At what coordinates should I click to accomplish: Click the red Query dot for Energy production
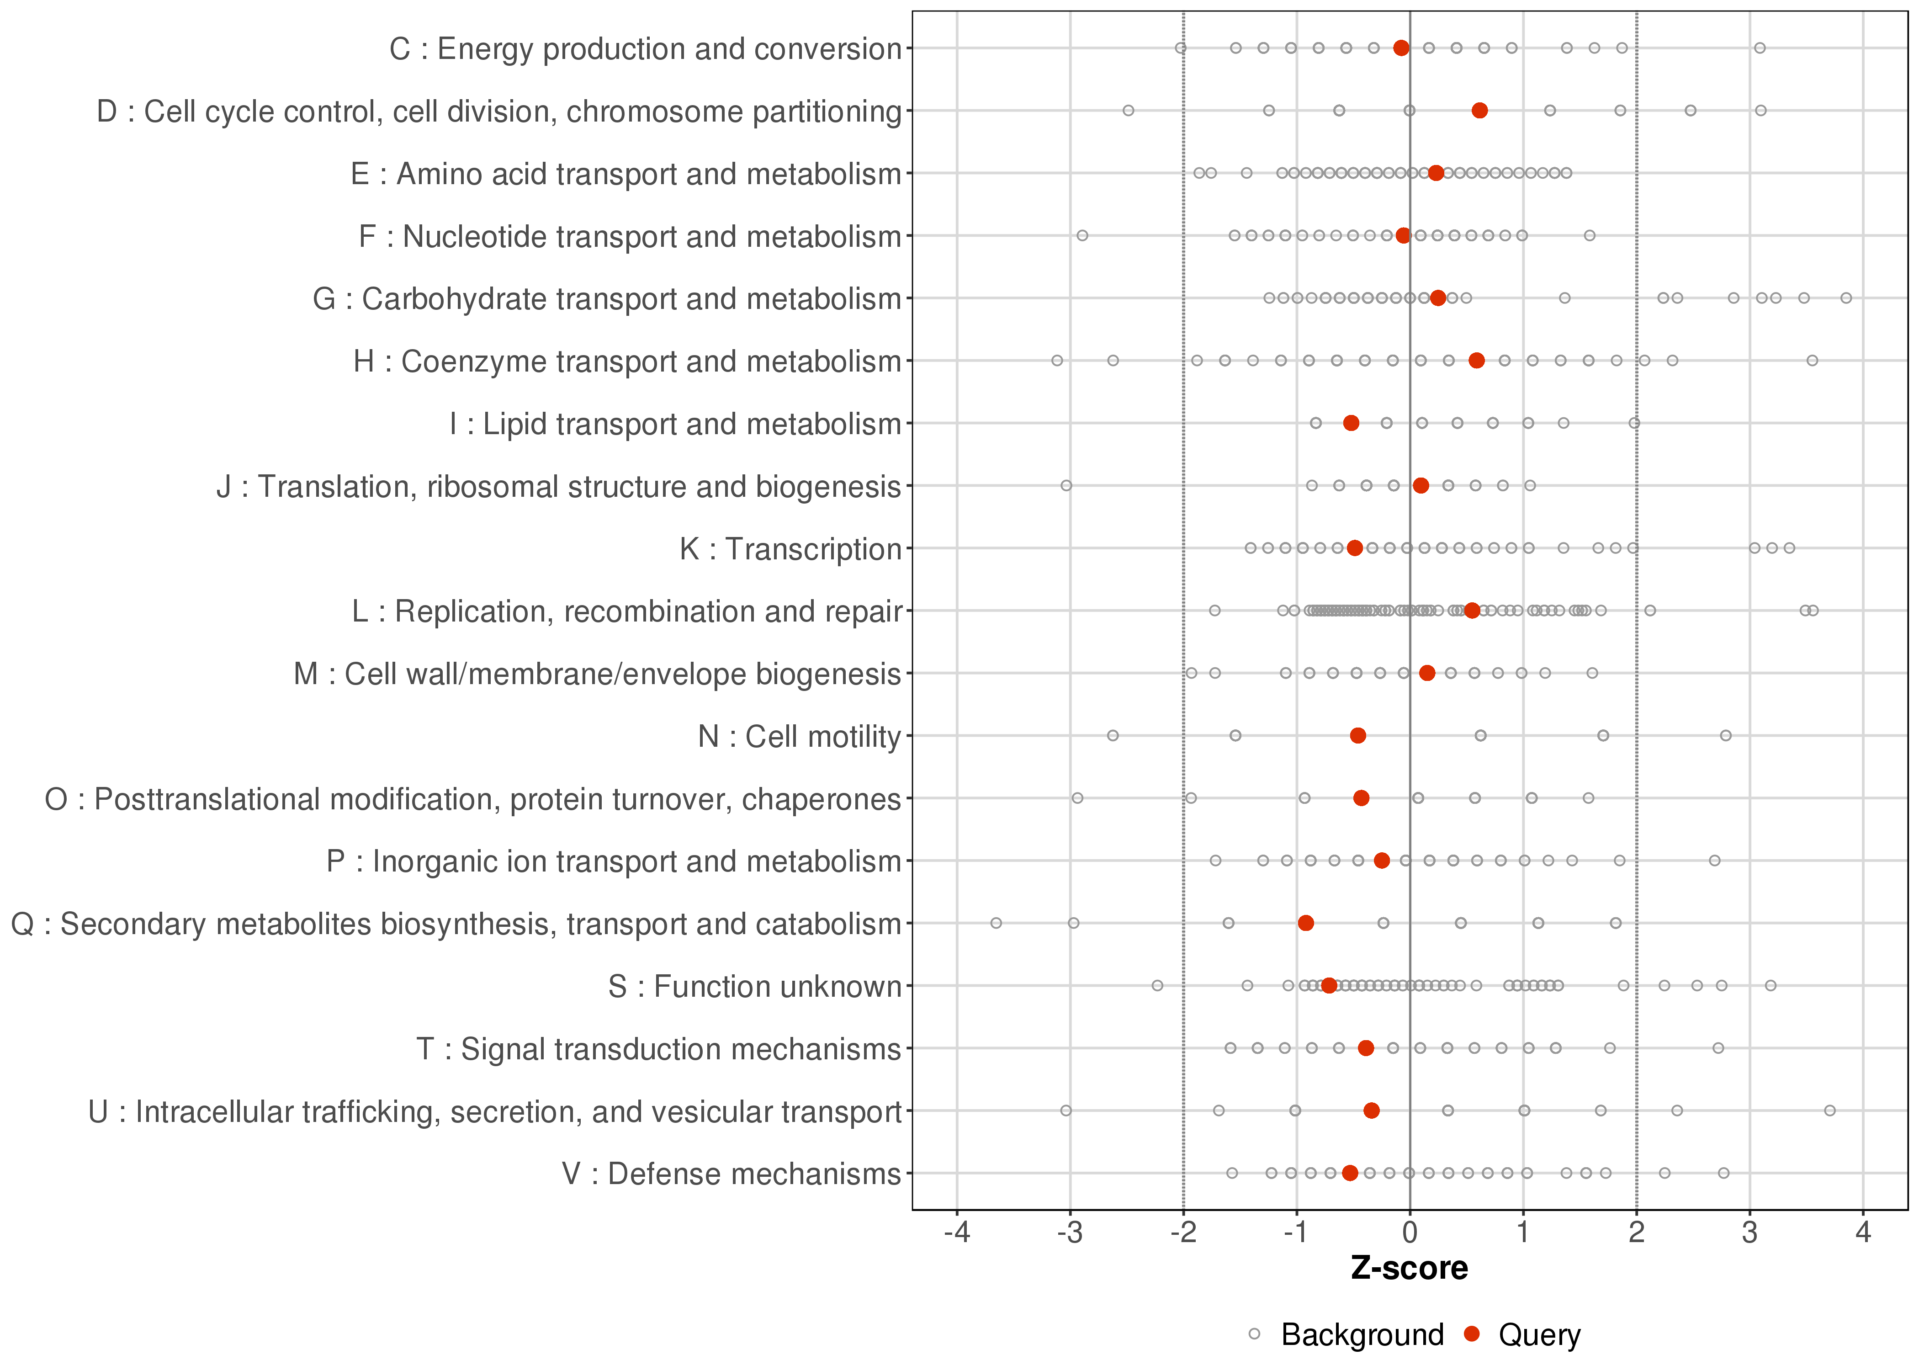[x=1401, y=48]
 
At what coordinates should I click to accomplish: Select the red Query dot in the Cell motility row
[x=1358, y=735]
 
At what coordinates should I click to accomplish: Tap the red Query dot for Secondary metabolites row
[x=1305, y=923]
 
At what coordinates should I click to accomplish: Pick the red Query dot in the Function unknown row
[x=1329, y=985]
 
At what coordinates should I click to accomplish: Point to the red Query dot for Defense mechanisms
[x=1350, y=1173]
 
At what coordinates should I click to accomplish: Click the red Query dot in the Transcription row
[x=1354, y=548]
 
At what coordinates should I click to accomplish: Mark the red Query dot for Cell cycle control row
[x=1479, y=111]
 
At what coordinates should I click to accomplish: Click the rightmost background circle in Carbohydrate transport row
[x=1845, y=298]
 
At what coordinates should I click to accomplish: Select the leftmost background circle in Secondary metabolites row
[x=996, y=923]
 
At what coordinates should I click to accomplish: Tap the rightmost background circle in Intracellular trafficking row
[x=1829, y=1110]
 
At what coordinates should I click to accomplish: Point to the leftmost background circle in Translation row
[x=1066, y=485]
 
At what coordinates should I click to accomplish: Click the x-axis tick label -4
[x=956, y=1233]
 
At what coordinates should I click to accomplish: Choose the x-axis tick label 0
[x=1409, y=1233]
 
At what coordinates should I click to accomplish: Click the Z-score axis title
[x=1409, y=1269]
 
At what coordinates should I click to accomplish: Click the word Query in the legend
[x=1539, y=1335]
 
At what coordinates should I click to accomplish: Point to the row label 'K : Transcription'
[x=791, y=549]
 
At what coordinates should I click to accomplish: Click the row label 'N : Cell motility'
[x=799, y=736]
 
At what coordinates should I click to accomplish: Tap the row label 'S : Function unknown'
[x=754, y=986]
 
